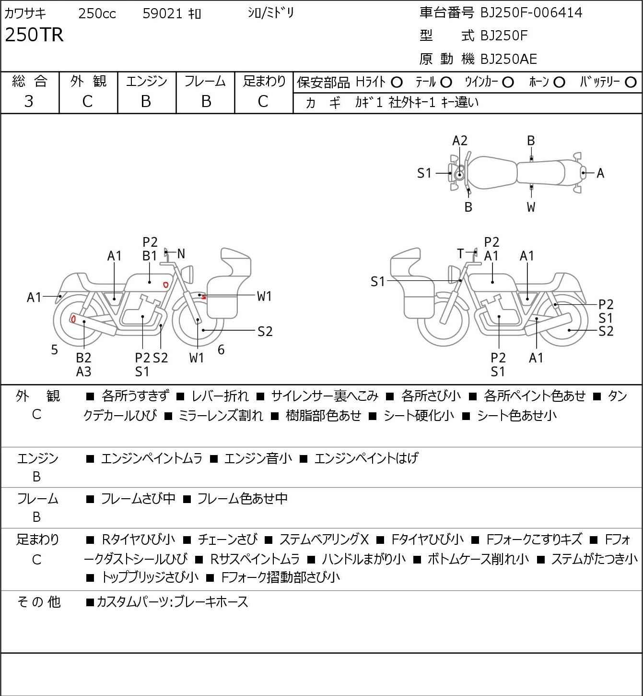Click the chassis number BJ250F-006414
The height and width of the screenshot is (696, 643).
click(531, 12)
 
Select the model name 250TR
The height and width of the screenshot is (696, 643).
click(35, 35)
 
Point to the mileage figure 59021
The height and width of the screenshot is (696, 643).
click(163, 13)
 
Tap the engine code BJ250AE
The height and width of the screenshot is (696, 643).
click(509, 59)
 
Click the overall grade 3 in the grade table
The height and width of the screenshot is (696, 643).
click(29, 102)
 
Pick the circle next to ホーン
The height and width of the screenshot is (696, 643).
click(559, 83)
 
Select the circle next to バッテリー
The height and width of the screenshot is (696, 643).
click(631, 83)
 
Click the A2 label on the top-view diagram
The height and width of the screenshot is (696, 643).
click(459, 141)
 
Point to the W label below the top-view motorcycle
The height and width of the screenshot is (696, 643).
click(531, 207)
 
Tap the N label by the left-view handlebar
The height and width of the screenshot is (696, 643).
click(181, 253)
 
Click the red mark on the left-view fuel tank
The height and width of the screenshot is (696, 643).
click(165, 285)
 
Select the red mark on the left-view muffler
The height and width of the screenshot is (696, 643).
click(73, 319)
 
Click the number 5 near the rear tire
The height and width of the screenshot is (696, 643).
click(54, 349)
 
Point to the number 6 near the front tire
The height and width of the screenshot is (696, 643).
click(221, 349)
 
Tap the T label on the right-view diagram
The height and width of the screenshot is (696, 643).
click(460, 253)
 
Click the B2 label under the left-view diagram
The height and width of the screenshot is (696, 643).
click(84, 358)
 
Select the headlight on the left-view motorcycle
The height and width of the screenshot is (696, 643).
click(187, 274)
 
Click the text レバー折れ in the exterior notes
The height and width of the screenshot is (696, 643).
click(220, 396)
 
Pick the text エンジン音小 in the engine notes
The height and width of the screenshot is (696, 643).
click(258, 458)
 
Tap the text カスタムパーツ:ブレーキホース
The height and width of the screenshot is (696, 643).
click(172, 602)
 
